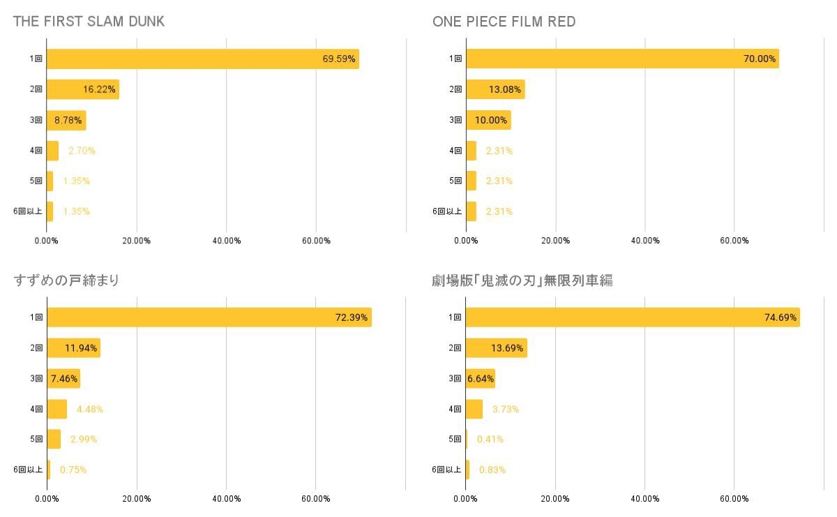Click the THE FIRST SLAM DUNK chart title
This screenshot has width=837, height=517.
(x=89, y=22)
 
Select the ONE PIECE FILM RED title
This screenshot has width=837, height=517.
(x=504, y=22)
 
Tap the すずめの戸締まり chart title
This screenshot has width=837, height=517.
(x=66, y=280)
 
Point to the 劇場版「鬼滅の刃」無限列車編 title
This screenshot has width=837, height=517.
(x=522, y=280)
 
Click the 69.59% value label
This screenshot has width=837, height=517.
(x=339, y=59)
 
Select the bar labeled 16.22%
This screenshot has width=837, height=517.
(x=82, y=89)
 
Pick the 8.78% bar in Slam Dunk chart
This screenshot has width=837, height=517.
(x=66, y=120)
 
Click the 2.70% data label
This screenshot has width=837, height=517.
(x=82, y=151)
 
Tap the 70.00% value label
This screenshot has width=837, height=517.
(x=760, y=59)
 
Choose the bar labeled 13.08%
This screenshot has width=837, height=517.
(x=495, y=89)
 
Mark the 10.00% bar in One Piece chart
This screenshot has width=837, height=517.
(x=488, y=120)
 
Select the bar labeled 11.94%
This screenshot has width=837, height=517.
(x=73, y=347)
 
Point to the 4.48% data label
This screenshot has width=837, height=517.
(x=89, y=409)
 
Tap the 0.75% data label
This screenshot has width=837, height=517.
(x=73, y=470)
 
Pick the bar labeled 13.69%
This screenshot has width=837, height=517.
(x=496, y=347)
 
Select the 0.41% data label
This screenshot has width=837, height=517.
(x=490, y=440)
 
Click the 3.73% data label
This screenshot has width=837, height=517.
(x=506, y=409)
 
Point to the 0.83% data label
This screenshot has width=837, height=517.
(x=492, y=470)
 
